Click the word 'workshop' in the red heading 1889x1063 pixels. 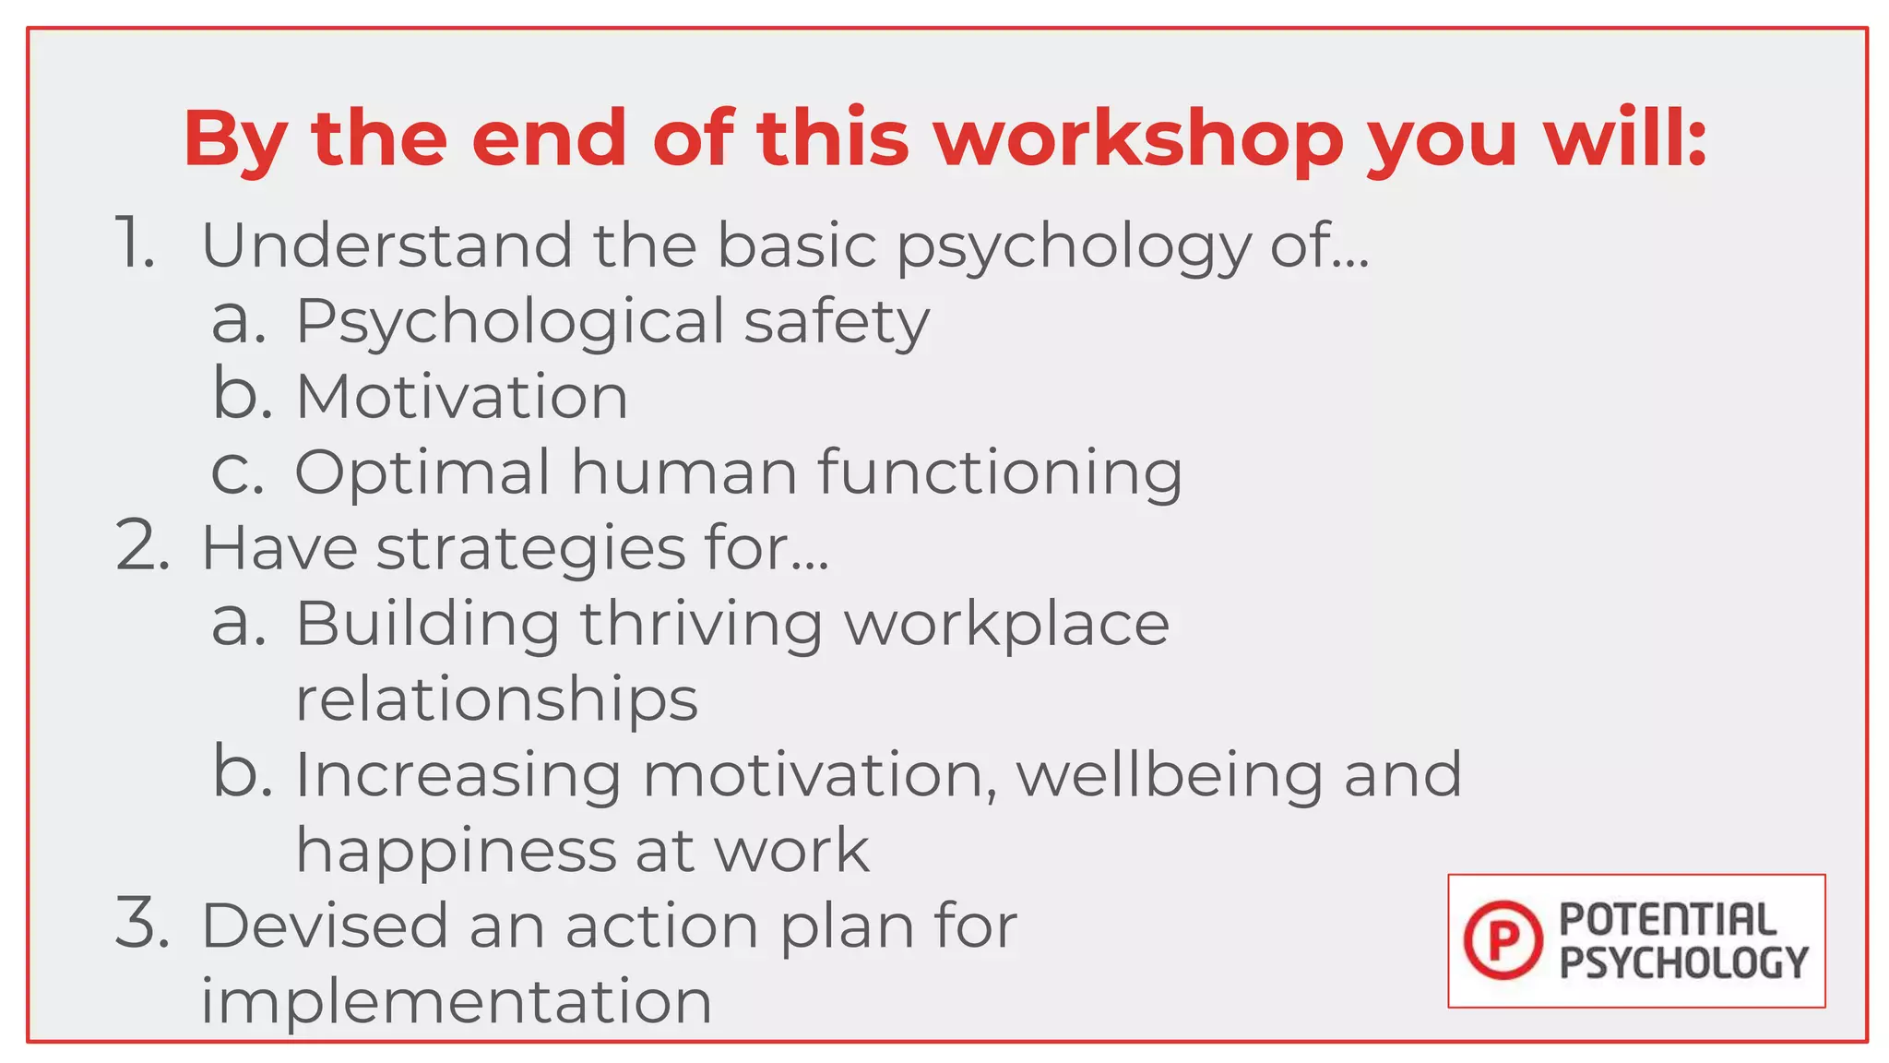coord(1138,140)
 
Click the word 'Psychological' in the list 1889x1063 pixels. coord(510,323)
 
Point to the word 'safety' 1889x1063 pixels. coord(837,323)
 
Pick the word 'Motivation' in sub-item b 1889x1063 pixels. coord(461,397)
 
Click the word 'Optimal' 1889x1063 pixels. coord(422,472)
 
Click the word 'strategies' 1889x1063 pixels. coord(530,548)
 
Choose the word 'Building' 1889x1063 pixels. coord(427,624)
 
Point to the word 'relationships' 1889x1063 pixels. coord(496,700)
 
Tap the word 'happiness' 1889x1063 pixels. coord(456,851)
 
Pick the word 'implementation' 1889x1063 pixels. coord(457,1001)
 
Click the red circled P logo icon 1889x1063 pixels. coord(1503,940)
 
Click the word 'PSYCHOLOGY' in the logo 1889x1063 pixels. coord(1683,962)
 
